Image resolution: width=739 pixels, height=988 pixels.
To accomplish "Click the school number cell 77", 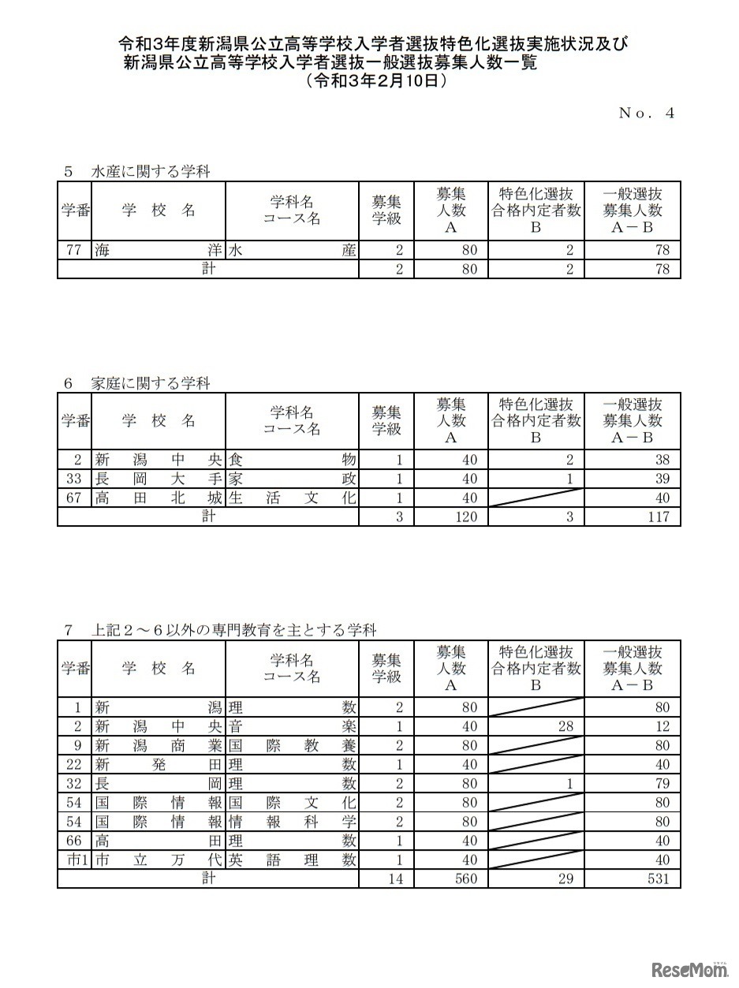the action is [x=74, y=251].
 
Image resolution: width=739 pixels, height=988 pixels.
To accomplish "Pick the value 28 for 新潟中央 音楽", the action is [x=565, y=726].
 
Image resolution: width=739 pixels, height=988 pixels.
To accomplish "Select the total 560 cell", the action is [x=465, y=878].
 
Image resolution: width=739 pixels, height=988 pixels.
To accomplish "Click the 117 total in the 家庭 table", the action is [x=656, y=516].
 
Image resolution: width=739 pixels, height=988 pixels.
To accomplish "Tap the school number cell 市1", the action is [x=74, y=859].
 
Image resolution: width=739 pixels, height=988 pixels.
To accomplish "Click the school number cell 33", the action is [x=74, y=479].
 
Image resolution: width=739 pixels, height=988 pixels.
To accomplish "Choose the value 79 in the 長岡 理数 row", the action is [x=662, y=784].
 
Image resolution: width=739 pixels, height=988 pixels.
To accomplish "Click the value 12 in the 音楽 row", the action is [x=662, y=726].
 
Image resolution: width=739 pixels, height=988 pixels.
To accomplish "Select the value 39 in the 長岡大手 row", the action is [x=662, y=479].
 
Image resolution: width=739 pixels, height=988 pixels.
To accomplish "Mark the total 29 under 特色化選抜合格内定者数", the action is [x=565, y=878].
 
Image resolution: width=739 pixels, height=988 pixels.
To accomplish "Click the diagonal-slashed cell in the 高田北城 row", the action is [x=536, y=498].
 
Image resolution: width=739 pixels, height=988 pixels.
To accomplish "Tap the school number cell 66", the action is [x=74, y=841].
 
